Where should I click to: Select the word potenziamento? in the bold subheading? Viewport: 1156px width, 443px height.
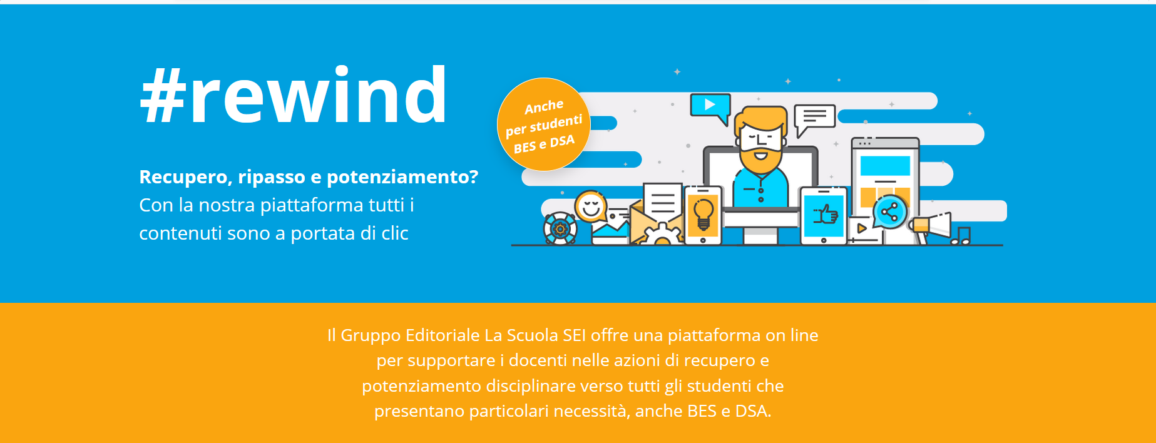[402, 178]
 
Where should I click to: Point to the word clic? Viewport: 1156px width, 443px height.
[395, 233]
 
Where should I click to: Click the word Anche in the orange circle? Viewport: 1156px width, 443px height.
[544, 107]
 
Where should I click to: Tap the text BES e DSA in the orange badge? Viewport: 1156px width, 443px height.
[544, 144]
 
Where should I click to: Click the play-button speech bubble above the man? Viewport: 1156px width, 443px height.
[710, 108]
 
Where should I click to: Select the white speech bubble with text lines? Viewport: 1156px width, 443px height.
[814, 119]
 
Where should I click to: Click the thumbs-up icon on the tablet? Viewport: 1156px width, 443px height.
[825, 215]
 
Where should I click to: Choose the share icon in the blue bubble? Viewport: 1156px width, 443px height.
[889, 212]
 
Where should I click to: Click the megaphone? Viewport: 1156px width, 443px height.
[931, 226]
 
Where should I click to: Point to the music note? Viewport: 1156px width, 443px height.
[961, 236]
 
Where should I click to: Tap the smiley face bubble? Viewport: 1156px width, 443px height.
[591, 206]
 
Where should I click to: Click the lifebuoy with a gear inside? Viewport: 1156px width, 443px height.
[560, 228]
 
